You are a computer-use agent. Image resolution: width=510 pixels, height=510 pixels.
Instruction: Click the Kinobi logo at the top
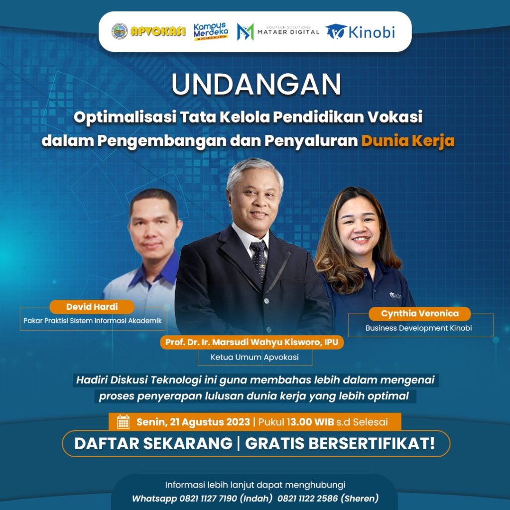point(361,32)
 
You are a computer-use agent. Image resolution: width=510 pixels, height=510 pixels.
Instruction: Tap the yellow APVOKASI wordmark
point(158,31)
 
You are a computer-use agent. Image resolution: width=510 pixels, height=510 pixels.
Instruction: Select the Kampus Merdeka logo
point(211,31)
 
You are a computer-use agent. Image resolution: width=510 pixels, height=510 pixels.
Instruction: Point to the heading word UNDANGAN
point(256,84)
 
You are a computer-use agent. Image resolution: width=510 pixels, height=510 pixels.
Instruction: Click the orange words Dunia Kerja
point(408,140)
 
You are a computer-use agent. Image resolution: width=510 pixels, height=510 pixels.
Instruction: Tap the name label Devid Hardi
point(92,307)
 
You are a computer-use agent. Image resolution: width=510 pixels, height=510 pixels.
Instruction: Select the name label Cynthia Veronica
point(419,314)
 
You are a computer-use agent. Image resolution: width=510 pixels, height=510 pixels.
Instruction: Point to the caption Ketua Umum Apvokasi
point(255,357)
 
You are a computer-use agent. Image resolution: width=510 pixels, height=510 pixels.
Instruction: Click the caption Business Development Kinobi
point(418,328)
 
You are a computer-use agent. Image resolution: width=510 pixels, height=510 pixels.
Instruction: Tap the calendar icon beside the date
point(124,421)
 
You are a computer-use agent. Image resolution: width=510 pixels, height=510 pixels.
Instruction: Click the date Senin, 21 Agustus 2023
point(193,422)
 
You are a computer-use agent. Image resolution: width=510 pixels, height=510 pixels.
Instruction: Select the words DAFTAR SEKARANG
point(153,443)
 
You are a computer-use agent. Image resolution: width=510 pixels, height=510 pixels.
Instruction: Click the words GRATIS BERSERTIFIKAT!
point(340,443)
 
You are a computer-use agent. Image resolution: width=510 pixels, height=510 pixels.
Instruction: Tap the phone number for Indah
point(208,498)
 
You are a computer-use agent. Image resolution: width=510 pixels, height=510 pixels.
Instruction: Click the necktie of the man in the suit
point(259,260)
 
